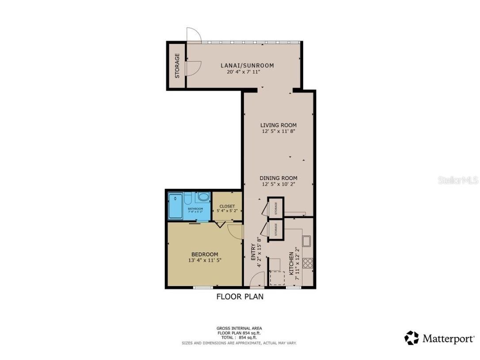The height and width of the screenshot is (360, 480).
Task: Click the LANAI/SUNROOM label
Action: pos(247,65)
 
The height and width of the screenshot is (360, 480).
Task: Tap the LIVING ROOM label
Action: pos(278,125)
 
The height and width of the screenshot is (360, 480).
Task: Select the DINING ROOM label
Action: pos(278,178)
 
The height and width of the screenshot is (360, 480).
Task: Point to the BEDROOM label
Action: pos(204,254)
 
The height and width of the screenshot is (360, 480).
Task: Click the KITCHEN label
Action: pos(291,264)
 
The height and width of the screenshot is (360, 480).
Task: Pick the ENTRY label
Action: pos(253,255)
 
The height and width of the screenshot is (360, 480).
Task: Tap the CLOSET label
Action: pos(227,206)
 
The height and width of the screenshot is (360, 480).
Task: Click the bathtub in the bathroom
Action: pos(175,207)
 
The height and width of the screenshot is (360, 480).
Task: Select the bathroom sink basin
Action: pos(203,197)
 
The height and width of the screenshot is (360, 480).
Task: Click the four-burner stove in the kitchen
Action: pos(308,263)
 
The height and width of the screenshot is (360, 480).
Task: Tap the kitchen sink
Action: pos(306,241)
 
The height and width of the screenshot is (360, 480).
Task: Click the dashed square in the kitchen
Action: pos(277,278)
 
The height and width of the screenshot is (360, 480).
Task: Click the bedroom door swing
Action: pos(235,230)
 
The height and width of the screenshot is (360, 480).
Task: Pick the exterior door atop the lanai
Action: pos(194,35)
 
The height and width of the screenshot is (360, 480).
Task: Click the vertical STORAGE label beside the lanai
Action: pos(177,66)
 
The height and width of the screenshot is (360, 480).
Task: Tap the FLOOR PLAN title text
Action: pos(240,297)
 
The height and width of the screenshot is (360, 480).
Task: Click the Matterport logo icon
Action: pos(411,338)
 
